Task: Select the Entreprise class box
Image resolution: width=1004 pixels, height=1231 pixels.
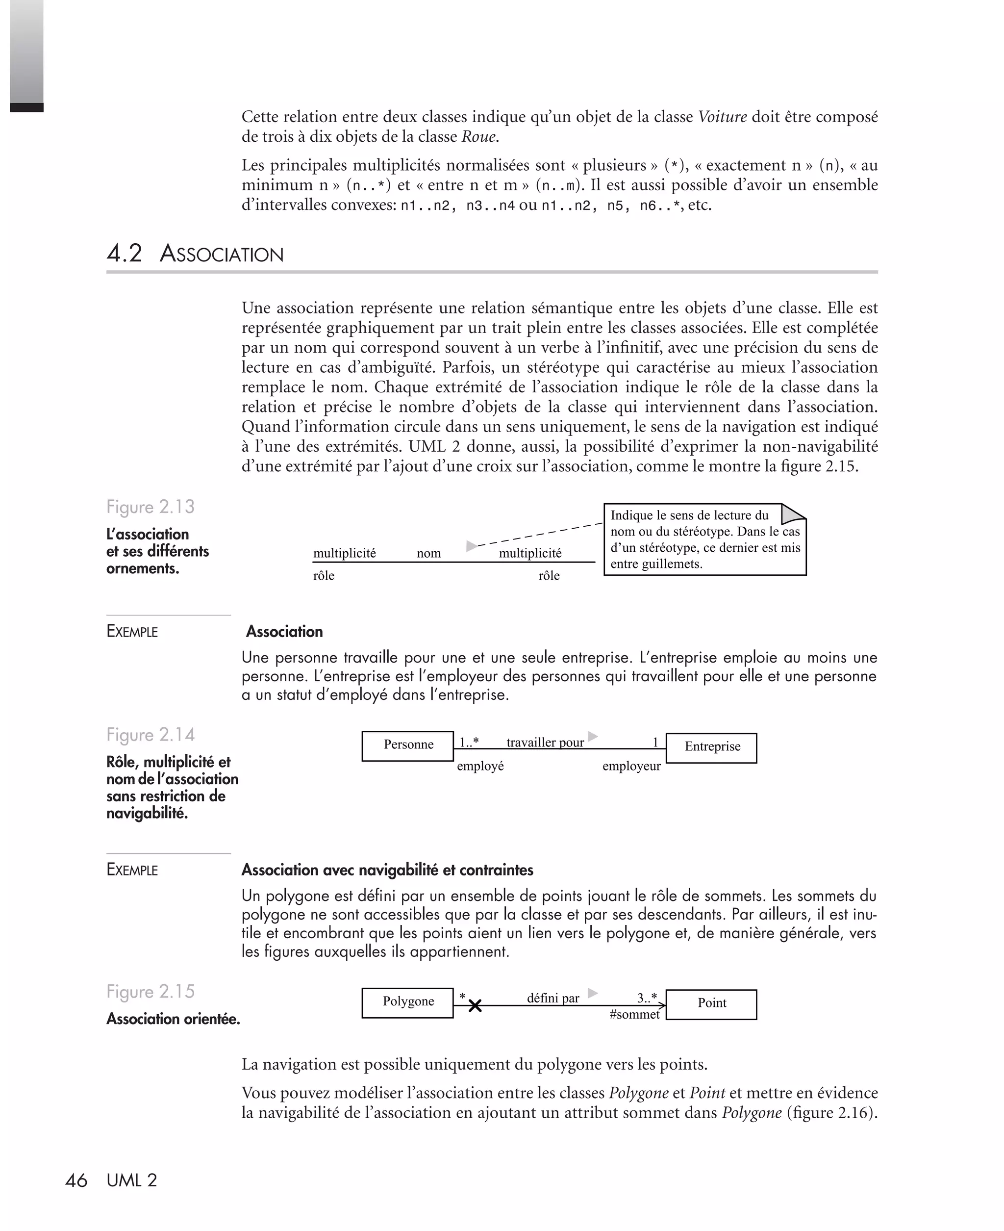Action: (x=711, y=747)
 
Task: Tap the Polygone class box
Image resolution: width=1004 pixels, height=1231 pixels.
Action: (x=408, y=1002)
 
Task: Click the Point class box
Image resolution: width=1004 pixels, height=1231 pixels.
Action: (x=711, y=1004)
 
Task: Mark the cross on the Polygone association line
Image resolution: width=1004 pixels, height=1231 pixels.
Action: (x=475, y=1006)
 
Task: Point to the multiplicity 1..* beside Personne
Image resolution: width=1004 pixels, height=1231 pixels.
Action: (x=469, y=742)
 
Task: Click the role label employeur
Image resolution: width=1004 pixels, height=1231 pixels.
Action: (x=631, y=766)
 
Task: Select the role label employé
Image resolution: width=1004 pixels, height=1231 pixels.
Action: (x=480, y=766)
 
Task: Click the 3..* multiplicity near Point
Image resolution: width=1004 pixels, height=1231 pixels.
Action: (x=647, y=997)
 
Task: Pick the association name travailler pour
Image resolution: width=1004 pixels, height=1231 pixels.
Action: (x=545, y=742)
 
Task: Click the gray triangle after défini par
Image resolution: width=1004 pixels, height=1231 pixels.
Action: (x=592, y=993)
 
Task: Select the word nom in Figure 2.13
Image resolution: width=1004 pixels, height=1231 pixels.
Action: (x=428, y=553)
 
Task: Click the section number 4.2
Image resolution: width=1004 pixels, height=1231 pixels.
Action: (x=125, y=254)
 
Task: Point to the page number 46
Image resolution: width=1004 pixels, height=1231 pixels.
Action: (x=76, y=1180)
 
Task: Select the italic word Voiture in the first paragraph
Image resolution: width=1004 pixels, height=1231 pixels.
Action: (x=722, y=117)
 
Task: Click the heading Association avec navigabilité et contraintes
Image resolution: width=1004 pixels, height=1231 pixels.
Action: (x=387, y=870)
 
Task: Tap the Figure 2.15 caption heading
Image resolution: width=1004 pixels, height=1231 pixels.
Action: (x=151, y=991)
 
